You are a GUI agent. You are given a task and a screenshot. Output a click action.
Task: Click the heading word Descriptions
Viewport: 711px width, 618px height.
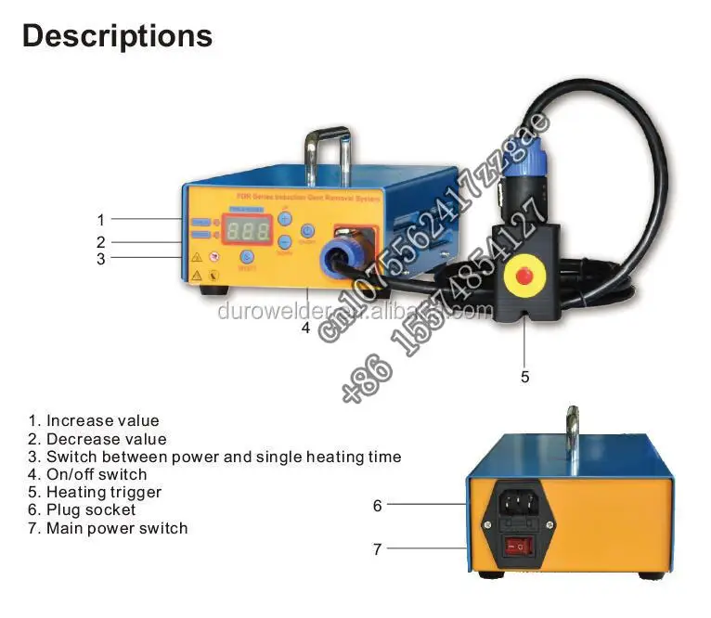point(117,36)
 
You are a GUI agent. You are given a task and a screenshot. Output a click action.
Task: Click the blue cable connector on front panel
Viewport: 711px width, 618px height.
point(340,257)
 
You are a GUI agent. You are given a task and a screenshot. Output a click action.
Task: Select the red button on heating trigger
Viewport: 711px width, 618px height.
point(523,275)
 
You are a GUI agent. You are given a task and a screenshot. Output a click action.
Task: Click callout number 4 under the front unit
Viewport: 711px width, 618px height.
point(305,328)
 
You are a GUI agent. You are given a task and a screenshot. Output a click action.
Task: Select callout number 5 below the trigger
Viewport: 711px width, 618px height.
point(524,377)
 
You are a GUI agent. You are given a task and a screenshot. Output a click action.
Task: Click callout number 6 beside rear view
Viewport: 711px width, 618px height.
point(378,506)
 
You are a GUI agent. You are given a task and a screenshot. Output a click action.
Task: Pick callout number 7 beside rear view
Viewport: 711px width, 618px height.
point(378,549)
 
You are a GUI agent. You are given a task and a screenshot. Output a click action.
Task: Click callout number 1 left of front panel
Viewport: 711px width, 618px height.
point(101,220)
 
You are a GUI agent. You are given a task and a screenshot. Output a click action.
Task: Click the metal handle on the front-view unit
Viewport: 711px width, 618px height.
point(326,148)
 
